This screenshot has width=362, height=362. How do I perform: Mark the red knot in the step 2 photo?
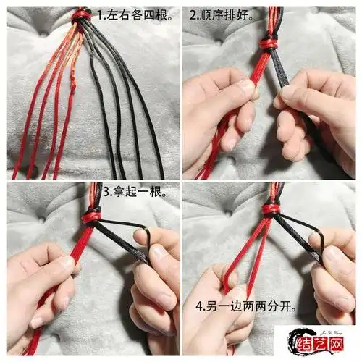(269, 45)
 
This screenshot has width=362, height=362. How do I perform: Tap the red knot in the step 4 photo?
(271, 209)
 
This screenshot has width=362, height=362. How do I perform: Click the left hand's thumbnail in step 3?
(67, 264)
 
